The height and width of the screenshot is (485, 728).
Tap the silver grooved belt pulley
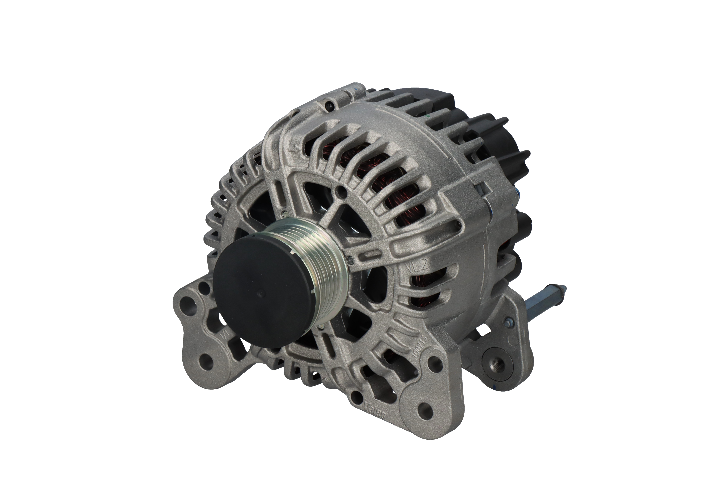point(322,257)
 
